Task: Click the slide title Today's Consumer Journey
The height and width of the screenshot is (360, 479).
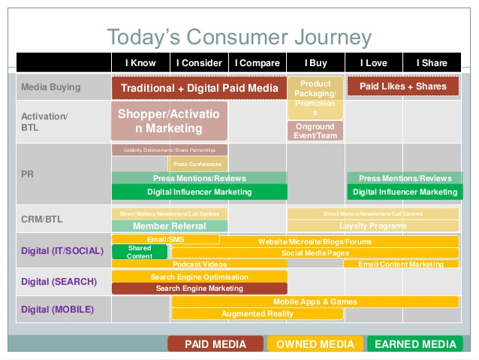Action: pos(239,37)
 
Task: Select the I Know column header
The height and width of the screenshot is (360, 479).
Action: pos(140,63)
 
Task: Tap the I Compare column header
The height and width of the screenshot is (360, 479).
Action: pos(258,63)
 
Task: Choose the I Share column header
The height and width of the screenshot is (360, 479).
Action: pos(432,63)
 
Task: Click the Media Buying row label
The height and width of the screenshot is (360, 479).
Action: pos(50,87)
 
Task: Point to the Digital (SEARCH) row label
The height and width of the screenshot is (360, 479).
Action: pos(59,282)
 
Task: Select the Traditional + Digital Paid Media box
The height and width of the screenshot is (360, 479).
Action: pos(199,87)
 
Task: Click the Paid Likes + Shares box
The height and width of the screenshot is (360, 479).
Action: pos(403,86)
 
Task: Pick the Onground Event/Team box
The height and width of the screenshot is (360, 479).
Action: pos(315,132)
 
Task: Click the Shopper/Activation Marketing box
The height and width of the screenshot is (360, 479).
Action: pos(170,121)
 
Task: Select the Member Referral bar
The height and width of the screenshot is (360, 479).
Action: pos(170,225)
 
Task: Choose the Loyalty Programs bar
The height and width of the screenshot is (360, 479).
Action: pos(373,225)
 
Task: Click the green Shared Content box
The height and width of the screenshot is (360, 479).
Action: pos(140,252)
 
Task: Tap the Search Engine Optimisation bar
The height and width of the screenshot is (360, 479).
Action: pos(199,277)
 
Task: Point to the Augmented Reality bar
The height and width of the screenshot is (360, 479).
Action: pos(258,313)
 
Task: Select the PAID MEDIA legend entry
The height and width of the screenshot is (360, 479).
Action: pos(215,344)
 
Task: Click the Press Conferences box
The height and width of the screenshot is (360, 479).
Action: pos(199,164)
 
